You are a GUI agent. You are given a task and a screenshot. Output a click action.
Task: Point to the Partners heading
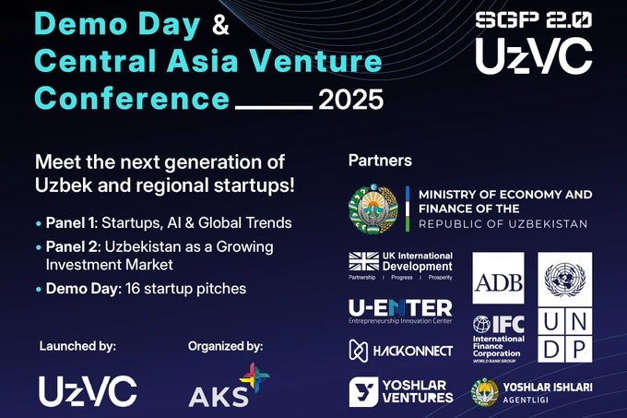click(379, 161)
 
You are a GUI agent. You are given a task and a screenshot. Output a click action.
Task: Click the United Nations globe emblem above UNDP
click(565, 279)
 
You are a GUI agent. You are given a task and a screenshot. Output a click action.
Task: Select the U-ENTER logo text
click(400, 308)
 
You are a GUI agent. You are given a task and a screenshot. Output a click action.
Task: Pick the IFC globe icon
click(482, 327)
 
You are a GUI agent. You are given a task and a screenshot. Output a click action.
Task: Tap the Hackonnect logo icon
click(360, 350)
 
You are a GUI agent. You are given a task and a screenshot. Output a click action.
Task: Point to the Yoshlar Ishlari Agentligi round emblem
click(485, 392)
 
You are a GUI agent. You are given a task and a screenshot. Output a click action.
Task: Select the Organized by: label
click(225, 346)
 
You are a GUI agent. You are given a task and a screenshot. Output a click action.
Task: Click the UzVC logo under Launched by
click(88, 391)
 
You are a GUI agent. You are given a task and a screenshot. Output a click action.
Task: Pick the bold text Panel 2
click(71, 247)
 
